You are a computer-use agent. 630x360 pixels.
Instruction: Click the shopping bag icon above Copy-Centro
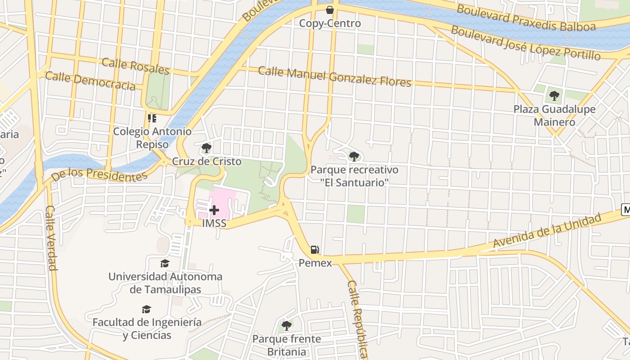[x=330, y=9]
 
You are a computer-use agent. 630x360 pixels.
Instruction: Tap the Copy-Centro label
[x=330, y=23]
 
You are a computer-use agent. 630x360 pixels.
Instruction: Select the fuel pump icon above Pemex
[x=315, y=250]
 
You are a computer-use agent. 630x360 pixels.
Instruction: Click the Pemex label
[x=315, y=263]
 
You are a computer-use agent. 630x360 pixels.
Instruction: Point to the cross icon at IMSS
[x=214, y=210]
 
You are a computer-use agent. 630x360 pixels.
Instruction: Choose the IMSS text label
[x=214, y=223]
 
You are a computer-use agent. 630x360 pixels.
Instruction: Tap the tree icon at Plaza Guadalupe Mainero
[x=554, y=95]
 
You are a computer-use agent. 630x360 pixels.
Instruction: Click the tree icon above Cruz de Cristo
[x=207, y=148]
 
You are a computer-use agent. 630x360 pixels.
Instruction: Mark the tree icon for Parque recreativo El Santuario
[x=354, y=156]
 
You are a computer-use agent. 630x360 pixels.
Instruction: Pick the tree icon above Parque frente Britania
[x=286, y=325]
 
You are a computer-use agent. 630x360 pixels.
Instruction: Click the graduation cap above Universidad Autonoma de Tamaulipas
[x=165, y=263]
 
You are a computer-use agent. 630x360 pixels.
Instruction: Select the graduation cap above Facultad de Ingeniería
[x=146, y=309]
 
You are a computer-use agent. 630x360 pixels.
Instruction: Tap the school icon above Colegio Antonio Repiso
[x=152, y=118]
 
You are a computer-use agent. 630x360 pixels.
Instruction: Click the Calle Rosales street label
[x=135, y=66]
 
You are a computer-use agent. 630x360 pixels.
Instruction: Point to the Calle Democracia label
[x=90, y=81]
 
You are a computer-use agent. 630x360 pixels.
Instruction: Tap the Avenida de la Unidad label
[x=547, y=230]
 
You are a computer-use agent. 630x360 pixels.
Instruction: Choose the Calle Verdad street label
[x=51, y=238]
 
